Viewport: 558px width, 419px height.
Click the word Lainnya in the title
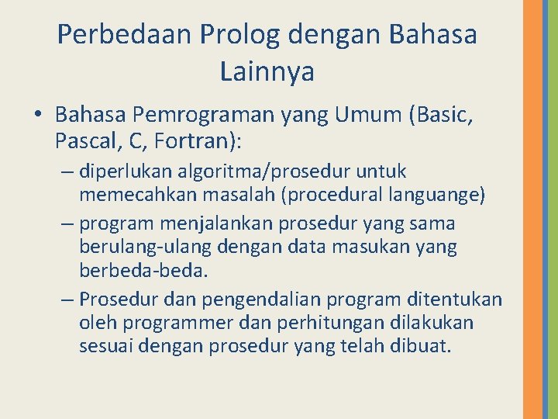click(x=267, y=72)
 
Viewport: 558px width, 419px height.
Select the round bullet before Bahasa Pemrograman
click(x=38, y=116)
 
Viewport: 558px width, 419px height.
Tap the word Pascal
click(x=82, y=142)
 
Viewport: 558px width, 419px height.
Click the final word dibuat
click(x=425, y=346)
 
